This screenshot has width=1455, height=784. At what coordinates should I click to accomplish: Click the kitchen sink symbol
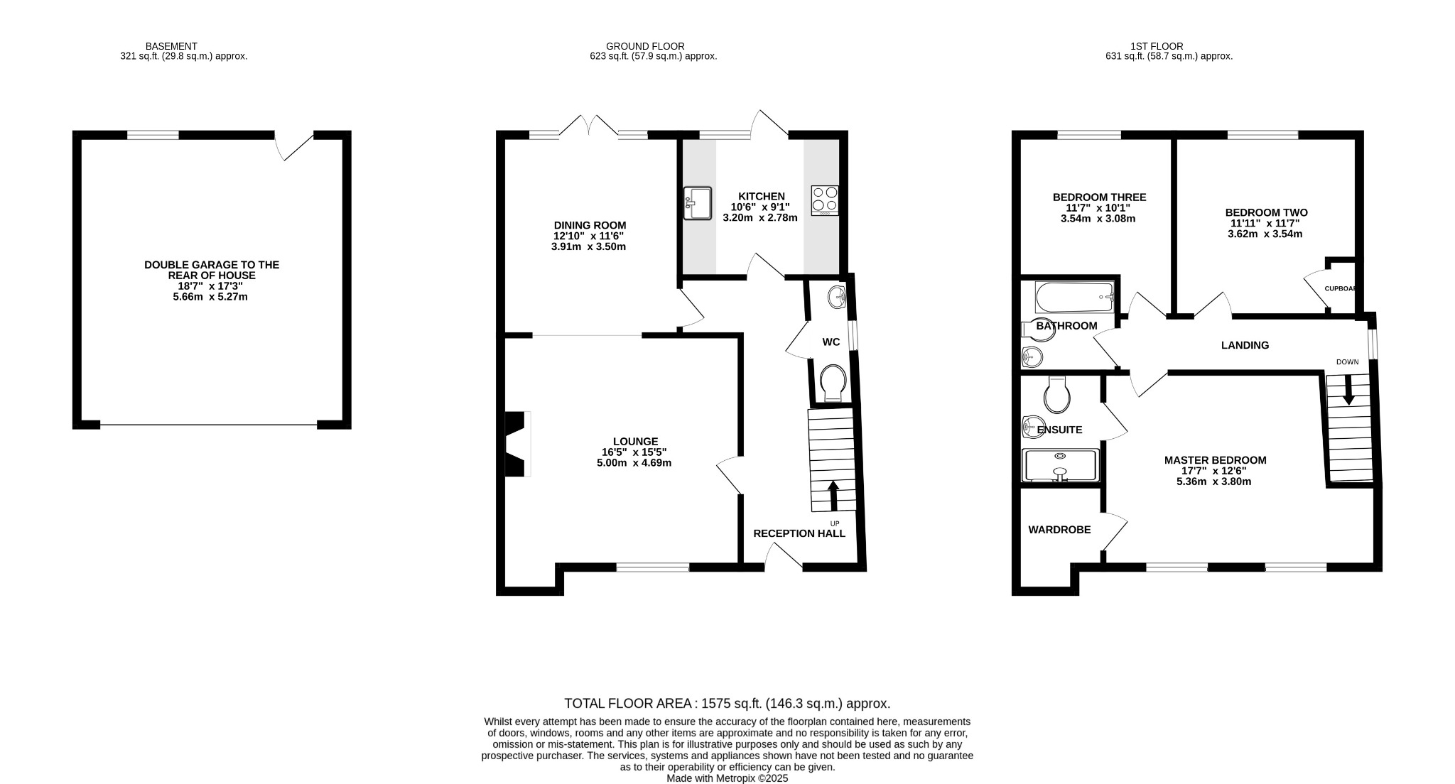coord(697,203)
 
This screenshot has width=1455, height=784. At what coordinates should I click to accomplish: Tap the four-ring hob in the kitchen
coord(825,200)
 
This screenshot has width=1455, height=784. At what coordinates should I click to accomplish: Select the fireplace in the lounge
coord(516,444)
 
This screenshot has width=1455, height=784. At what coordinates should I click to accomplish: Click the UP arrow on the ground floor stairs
coord(833,496)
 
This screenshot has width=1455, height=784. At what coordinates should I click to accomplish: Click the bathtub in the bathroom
coord(1074,298)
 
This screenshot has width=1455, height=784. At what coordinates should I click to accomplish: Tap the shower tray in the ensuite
coord(1060,465)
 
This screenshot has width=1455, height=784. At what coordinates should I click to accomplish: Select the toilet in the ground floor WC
coord(832,382)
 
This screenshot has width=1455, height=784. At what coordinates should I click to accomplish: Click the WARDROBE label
coord(1059,530)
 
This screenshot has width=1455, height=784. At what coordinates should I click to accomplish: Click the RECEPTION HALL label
coord(799,533)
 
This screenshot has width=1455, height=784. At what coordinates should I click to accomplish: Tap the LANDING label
coord(1245,345)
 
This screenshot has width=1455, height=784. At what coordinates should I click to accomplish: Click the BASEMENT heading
coord(171,46)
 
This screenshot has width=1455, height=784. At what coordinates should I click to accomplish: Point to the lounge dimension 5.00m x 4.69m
coord(634,462)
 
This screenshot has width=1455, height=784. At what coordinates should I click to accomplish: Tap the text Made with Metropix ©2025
coord(727,778)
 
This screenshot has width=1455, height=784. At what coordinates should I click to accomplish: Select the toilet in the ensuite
coord(1057,396)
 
